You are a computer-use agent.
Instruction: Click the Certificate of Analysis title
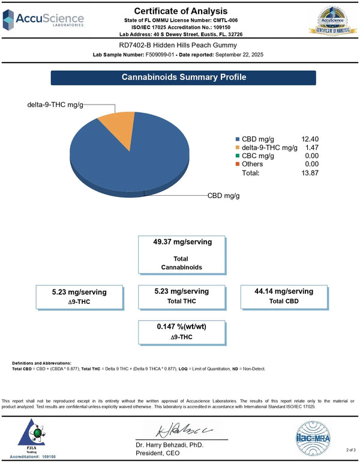pos(180,11)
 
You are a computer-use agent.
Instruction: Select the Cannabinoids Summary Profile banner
pos(184,77)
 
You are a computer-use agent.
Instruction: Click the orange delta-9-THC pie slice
pos(118,127)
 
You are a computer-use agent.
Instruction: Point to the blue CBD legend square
pos(238,139)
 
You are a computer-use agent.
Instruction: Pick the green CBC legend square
pos(238,156)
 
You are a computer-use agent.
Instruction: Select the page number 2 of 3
pos(350,449)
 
